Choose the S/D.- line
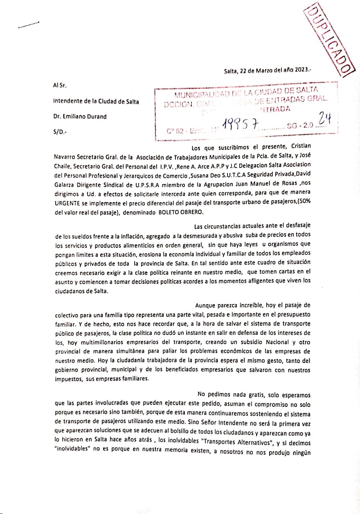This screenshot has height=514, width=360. [60, 132]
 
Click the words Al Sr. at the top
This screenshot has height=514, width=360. [60, 86]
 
